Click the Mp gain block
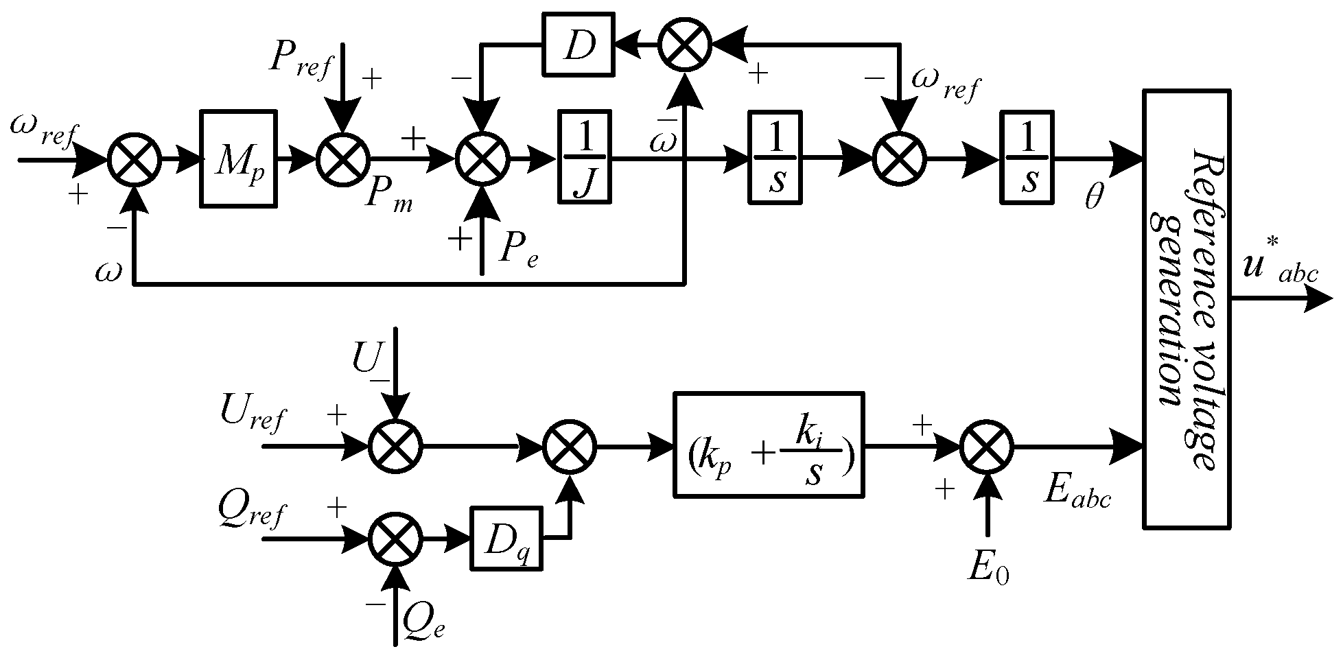click(x=238, y=158)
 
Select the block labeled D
click(x=578, y=45)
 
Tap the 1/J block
click(x=583, y=158)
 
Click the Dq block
click(x=505, y=538)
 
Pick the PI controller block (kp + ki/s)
click(x=767, y=445)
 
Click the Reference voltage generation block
click(x=1186, y=309)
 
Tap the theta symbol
click(x=1094, y=198)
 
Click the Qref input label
click(x=252, y=513)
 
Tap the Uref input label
click(x=252, y=414)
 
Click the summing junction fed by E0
click(x=987, y=447)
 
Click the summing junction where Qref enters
click(x=395, y=539)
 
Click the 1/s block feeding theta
click(x=1027, y=158)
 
